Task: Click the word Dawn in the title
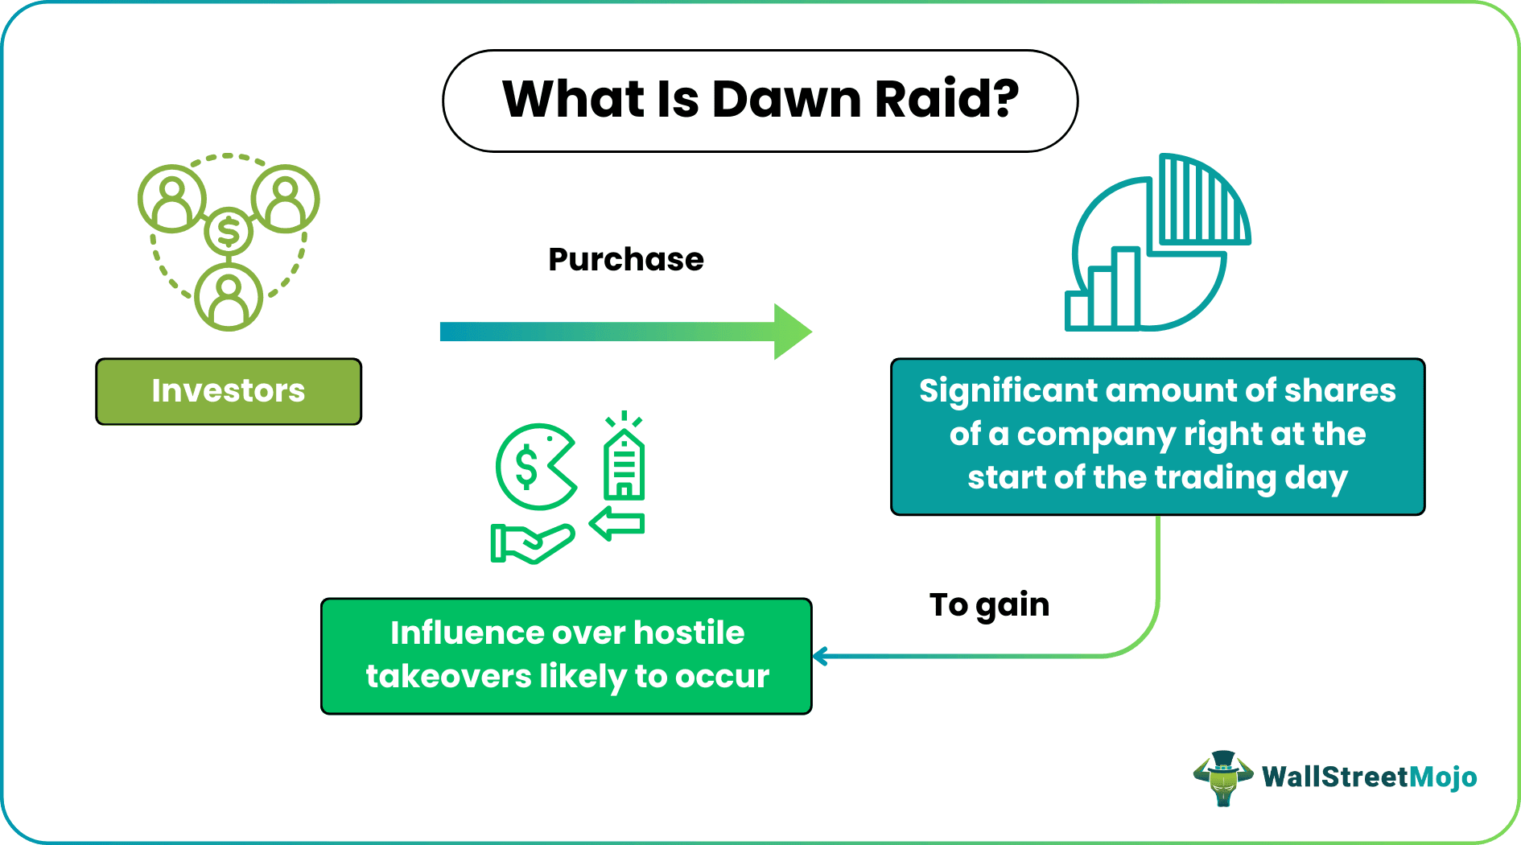coord(786,100)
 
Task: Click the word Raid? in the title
coord(946,100)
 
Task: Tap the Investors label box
coord(229,391)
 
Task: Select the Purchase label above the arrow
coord(625,259)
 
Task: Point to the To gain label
coord(989,604)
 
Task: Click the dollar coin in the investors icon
coord(229,233)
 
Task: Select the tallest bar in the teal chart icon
coord(1125,287)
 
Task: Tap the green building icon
coord(624,465)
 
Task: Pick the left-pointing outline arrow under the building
coord(617,524)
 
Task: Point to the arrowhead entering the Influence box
coord(819,657)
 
